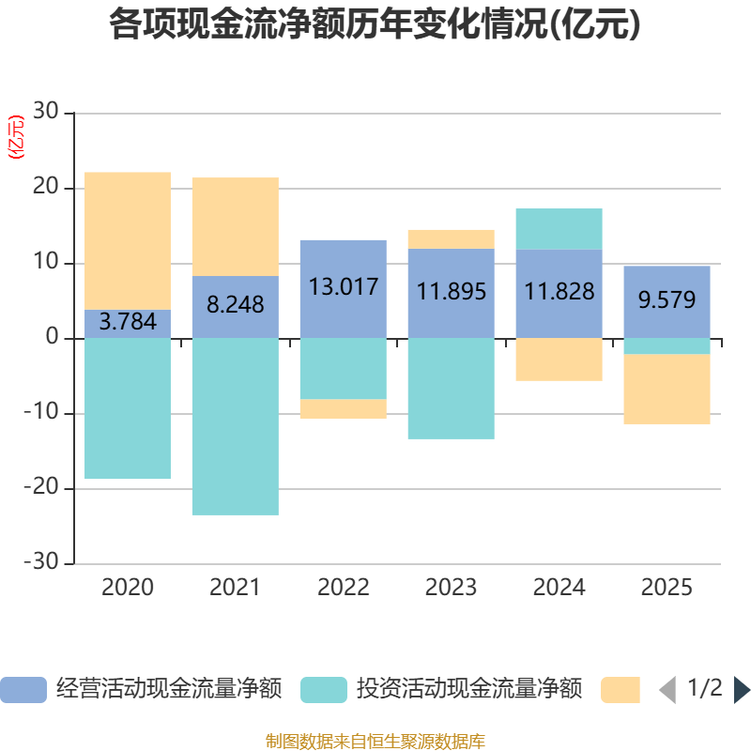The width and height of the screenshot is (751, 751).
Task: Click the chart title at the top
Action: point(375,24)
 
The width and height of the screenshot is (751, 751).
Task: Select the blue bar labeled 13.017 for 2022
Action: point(344,289)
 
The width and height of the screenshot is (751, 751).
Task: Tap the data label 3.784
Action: point(128,321)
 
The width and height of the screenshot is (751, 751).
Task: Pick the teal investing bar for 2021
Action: point(236,427)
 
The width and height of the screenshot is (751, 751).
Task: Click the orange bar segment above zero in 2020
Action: point(128,241)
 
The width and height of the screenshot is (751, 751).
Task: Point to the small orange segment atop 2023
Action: point(452,239)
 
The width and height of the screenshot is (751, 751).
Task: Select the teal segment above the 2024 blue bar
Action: point(559,229)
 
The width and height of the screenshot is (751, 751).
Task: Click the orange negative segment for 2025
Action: point(667,389)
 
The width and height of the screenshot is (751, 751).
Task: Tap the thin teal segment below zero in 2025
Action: point(667,346)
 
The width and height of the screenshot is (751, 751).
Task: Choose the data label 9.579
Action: point(667,299)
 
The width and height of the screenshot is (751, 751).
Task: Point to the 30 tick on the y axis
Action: point(46,111)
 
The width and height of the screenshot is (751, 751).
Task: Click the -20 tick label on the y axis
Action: point(41,487)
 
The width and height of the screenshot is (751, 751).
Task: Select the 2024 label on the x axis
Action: point(559,588)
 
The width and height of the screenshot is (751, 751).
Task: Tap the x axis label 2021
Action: point(235,588)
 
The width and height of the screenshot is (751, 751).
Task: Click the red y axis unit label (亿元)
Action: point(16,137)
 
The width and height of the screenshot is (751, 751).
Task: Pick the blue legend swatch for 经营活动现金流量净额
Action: point(23,690)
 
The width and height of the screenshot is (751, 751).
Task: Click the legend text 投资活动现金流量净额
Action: point(469,689)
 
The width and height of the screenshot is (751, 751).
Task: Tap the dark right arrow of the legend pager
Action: point(743,690)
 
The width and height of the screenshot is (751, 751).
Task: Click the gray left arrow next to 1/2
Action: point(667,690)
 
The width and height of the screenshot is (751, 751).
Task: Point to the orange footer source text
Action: point(375,741)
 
